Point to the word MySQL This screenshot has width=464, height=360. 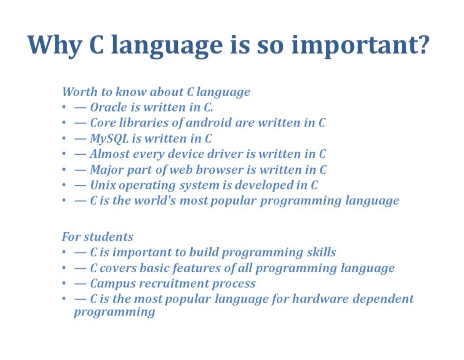[109, 139]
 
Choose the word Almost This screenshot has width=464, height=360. [110, 154]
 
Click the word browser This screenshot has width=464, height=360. [220, 170]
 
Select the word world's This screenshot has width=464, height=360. [155, 201]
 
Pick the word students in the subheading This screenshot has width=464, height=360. [108, 237]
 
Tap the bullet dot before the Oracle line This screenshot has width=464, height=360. [64, 107]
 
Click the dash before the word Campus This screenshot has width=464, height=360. [80, 284]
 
